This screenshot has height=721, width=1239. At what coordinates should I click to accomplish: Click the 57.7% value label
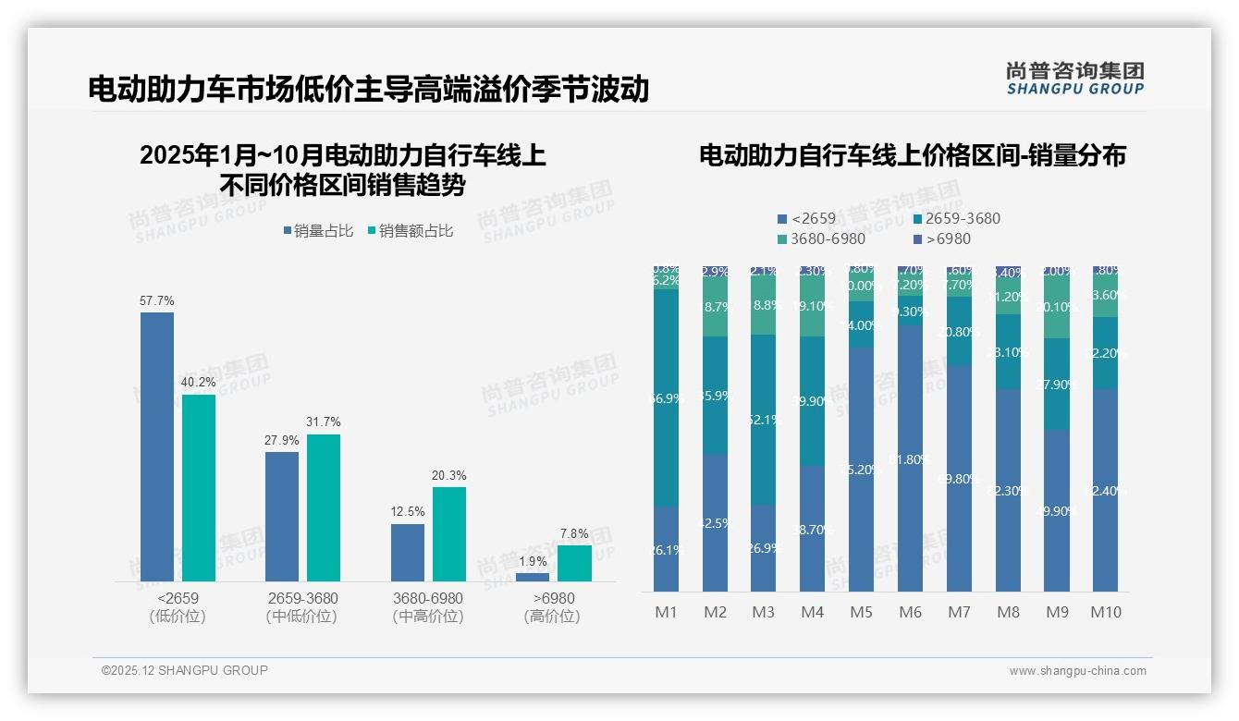pyautogui.click(x=156, y=301)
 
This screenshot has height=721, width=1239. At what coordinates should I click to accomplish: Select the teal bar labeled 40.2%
pyautogui.click(x=199, y=488)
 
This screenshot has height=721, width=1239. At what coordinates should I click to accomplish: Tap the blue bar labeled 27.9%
pyautogui.click(x=282, y=516)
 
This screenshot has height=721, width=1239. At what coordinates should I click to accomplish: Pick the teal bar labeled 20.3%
pyautogui.click(x=449, y=534)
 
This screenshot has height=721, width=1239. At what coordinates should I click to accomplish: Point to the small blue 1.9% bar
pyautogui.click(x=533, y=577)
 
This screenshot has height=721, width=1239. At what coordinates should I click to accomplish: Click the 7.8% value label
pyautogui.click(x=574, y=534)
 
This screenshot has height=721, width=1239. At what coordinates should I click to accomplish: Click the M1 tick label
pyautogui.click(x=667, y=612)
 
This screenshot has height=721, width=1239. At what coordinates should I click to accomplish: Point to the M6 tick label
pyautogui.click(x=911, y=612)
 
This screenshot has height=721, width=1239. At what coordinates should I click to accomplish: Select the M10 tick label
pyautogui.click(x=1106, y=612)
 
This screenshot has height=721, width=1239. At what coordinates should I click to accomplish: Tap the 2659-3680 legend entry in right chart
pyautogui.click(x=955, y=219)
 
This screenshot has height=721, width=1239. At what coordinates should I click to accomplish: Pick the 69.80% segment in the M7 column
pyautogui.click(x=960, y=478)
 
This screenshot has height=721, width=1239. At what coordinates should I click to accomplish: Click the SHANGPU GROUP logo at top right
pyautogui.click(x=1074, y=79)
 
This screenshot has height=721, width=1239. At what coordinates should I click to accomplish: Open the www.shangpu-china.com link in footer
pyautogui.click(x=1077, y=671)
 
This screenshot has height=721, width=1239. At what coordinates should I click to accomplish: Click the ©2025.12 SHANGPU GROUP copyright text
pyautogui.click(x=185, y=670)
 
